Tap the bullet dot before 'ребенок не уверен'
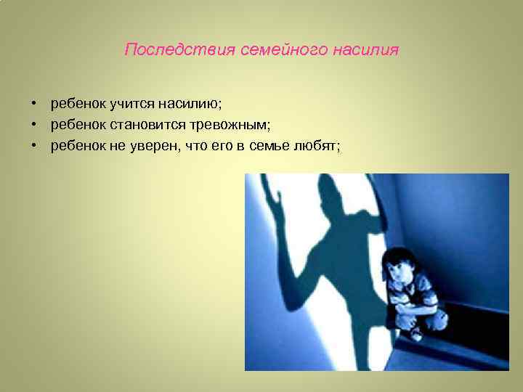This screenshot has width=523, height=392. click(x=34, y=146)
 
